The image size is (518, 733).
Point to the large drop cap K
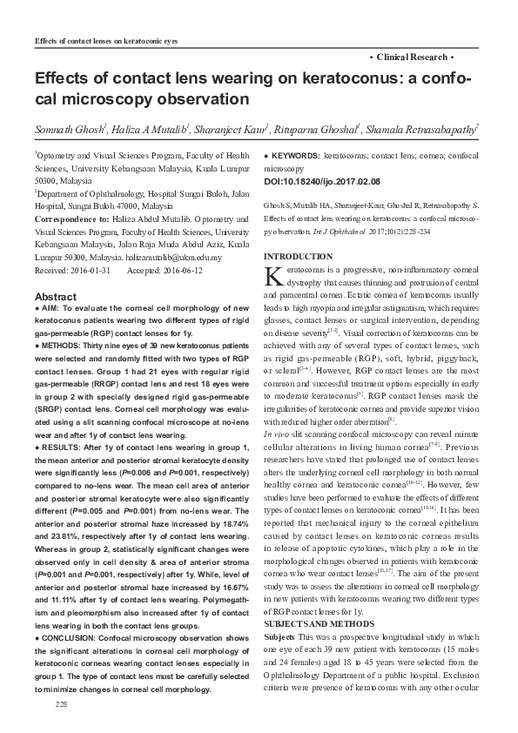[x=272, y=278]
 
